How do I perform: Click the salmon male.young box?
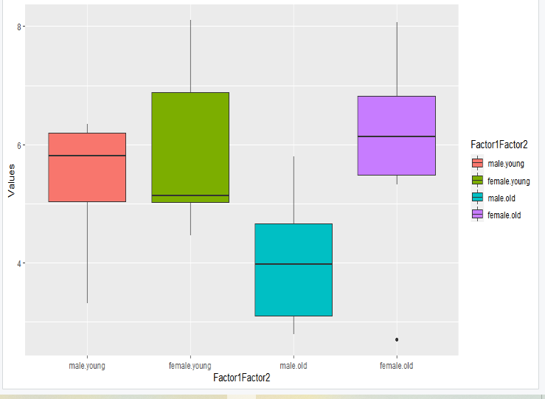87,167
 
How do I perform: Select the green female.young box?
190,147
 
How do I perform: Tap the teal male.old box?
294,269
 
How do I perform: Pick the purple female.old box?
397,136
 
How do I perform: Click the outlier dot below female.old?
397,339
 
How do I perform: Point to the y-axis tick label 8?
21,27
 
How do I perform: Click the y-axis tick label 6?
21,145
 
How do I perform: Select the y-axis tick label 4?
21,263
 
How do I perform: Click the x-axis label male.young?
87,365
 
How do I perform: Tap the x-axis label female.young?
190,365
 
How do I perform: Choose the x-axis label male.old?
294,365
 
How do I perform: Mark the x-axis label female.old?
397,365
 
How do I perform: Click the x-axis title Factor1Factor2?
241,378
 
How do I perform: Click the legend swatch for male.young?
477,163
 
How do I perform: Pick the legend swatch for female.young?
477,180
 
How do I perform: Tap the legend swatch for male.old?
477,197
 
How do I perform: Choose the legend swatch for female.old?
477,214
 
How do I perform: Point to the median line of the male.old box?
294,264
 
